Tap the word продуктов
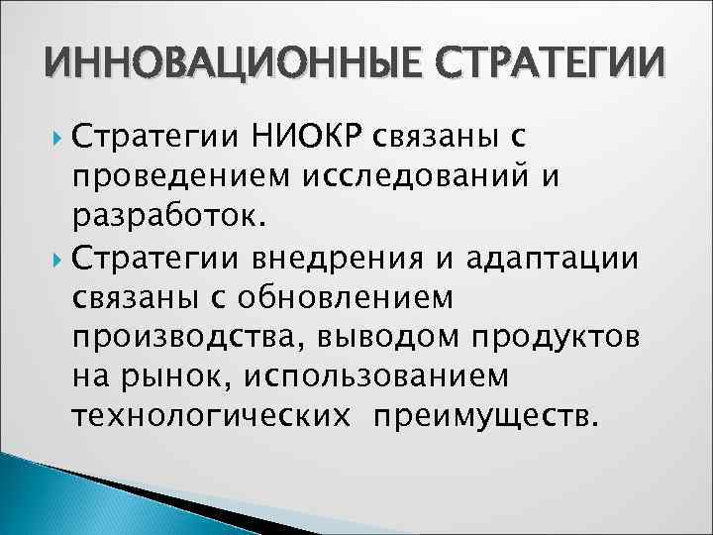[557, 337]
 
